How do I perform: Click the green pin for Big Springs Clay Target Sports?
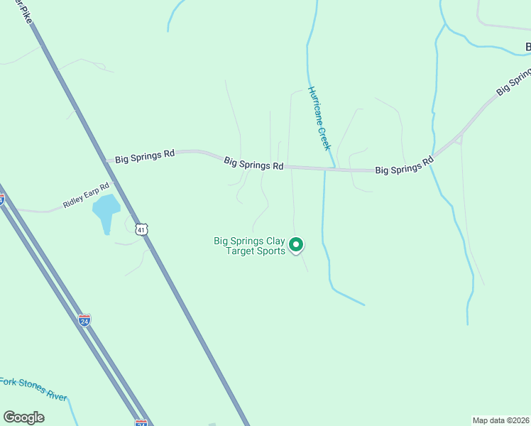point(296,245)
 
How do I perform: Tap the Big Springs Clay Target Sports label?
point(250,246)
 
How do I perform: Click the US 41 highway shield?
point(143,229)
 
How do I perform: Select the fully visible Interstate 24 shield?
point(84,320)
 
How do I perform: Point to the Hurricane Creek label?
point(319,118)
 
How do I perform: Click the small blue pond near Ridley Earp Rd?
point(106,211)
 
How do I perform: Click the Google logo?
point(23,417)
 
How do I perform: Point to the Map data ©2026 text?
point(500,420)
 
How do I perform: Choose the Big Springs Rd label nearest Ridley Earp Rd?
point(145,157)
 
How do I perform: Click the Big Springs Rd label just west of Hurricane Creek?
point(253,163)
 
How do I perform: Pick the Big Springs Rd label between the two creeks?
point(404,166)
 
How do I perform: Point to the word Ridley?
point(74,200)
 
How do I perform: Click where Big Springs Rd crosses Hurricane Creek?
point(325,170)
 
